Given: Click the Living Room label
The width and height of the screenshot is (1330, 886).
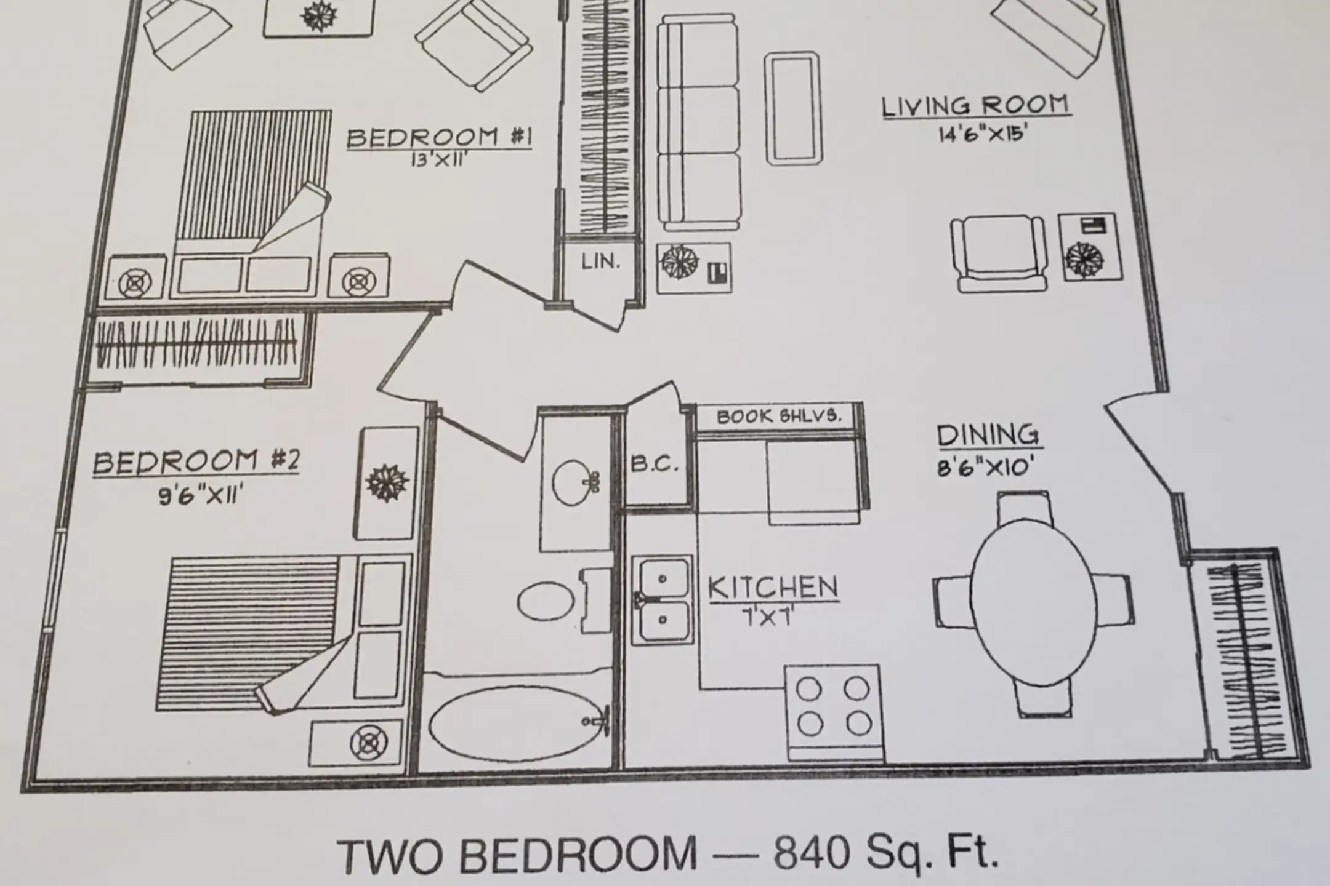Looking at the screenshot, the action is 977,106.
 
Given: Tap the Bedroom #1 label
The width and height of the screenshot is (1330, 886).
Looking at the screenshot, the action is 439,137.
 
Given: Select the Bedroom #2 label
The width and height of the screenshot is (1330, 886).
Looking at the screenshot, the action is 196,461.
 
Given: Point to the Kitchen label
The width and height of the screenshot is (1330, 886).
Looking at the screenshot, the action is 773,588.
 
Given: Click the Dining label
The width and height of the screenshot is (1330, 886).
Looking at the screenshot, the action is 988,435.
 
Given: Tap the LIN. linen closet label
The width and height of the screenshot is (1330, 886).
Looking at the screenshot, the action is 600,262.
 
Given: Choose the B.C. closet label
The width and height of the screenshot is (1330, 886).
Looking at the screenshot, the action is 654,463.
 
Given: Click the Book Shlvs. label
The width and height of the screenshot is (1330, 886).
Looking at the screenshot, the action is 778,416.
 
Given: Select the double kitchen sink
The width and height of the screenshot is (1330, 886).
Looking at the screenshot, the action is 663,599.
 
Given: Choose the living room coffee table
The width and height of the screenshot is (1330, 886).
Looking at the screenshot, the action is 794,109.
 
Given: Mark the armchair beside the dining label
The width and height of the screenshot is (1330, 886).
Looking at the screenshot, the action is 999,253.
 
